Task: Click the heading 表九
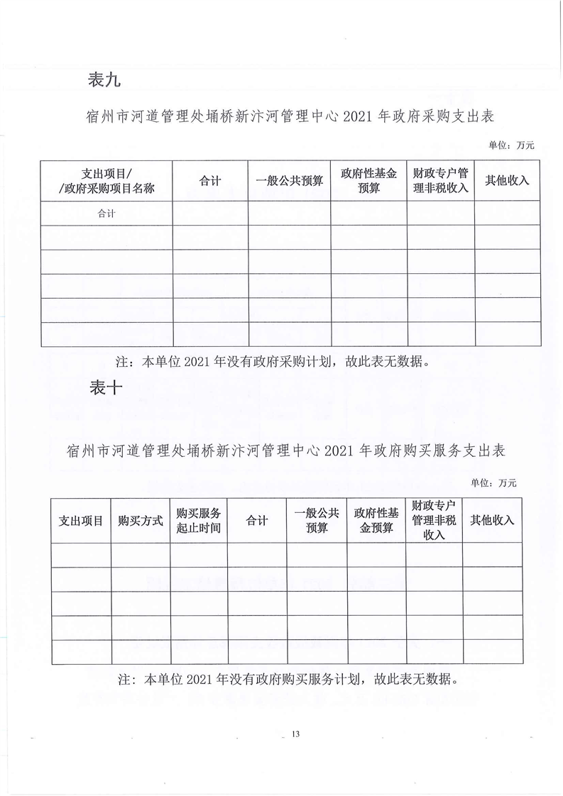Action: point(104,80)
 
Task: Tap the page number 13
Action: point(296,734)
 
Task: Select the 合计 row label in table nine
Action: point(106,213)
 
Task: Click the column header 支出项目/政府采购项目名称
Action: point(106,181)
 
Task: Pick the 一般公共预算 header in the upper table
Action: point(289,181)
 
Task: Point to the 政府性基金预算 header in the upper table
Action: point(368,181)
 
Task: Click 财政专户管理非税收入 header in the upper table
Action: point(440,181)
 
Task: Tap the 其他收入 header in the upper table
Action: point(507,181)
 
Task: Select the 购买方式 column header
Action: point(141,520)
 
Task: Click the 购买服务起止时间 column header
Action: point(199,520)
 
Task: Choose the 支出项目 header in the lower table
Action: point(81,520)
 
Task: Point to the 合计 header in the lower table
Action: point(257,520)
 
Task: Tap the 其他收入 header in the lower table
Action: point(492,520)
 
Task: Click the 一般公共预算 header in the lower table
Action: point(317,520)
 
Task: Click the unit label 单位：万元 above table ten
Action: point(493,482)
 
